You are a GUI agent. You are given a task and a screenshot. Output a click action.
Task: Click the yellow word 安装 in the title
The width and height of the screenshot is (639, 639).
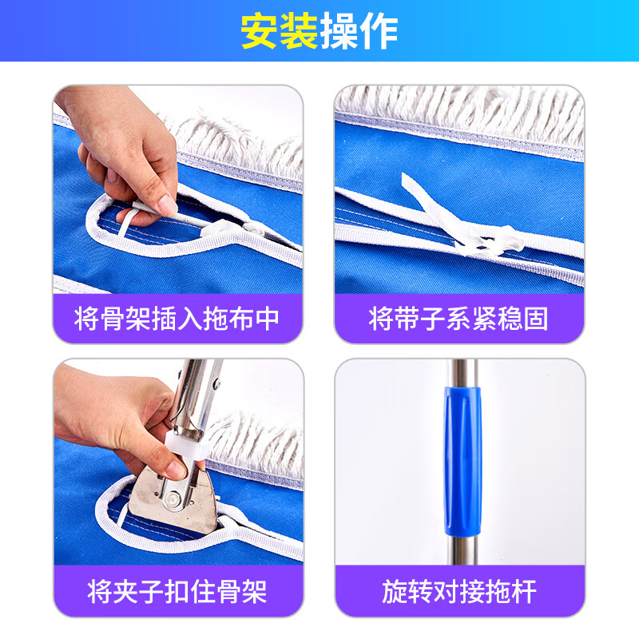[279, 31]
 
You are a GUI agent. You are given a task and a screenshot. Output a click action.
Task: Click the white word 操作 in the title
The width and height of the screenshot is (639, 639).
[359, 31]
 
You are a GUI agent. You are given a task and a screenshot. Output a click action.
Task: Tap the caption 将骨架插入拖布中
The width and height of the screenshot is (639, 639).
[177, 319]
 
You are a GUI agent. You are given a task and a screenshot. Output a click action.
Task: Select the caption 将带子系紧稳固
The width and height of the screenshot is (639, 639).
[458, 319]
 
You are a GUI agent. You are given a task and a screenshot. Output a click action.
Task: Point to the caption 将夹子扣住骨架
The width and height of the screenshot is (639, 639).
[177, 592]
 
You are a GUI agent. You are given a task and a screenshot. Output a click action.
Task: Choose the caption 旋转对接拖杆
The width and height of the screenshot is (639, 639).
[458, 592]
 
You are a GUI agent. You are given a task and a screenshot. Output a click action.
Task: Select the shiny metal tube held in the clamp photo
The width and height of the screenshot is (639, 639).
[196, 391]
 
